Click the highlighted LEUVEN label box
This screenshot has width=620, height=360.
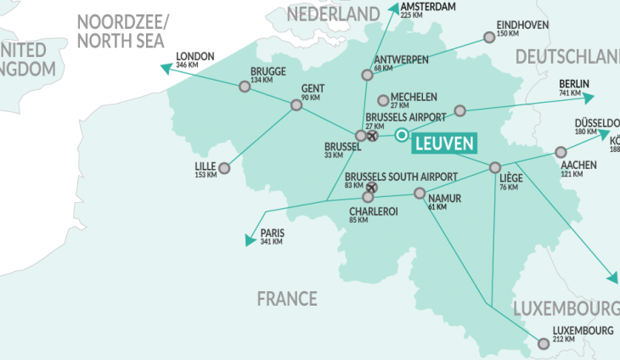pyautogui.click(x=443, y=143)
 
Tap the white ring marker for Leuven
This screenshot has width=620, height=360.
pyautogui.click(x=402, y=133)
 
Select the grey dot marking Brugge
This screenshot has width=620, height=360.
pyautogui.click(x=245, y=86)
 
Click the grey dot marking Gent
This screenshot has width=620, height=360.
pyautogui.click(x=296, y=105)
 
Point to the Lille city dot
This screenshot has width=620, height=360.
pyautogui.click(x=224, y=167)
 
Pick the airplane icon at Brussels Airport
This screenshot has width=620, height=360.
pyautogui.click(x=372, y=135)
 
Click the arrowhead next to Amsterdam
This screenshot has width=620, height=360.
pyautogui.click(x=392, y=8)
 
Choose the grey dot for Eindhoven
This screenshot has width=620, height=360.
pyautogui.click(x=488, y=37)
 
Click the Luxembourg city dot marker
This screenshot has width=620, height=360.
pyautogui.click(x=544, y=343)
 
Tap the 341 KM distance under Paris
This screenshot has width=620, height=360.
pyautogui.click(x=272, y=242)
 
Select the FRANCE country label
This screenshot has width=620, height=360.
pyautogui.click(x=287, y=298)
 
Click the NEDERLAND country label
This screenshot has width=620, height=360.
pyautogui.click(x=332, y=14)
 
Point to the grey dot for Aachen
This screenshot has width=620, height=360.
pyautogui.click(x=560, y=152)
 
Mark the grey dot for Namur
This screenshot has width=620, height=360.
pyautogui.click(x=419, y=194)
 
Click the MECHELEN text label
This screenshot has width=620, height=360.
pyautogui.click(x=413, y=96)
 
